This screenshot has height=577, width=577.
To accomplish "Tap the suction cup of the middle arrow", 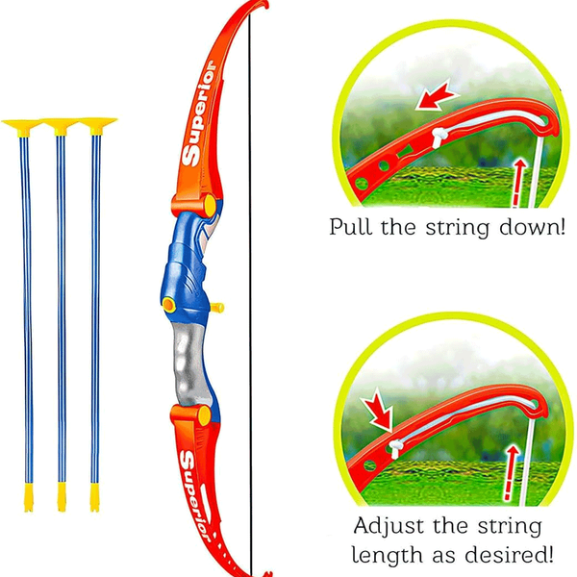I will (x=60, y=125).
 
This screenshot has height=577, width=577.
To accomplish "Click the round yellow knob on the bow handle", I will (x=169, y=305).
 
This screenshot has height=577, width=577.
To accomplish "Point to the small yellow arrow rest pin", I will (x=218, y=309).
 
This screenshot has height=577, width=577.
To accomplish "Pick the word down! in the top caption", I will (x=534, y=228).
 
